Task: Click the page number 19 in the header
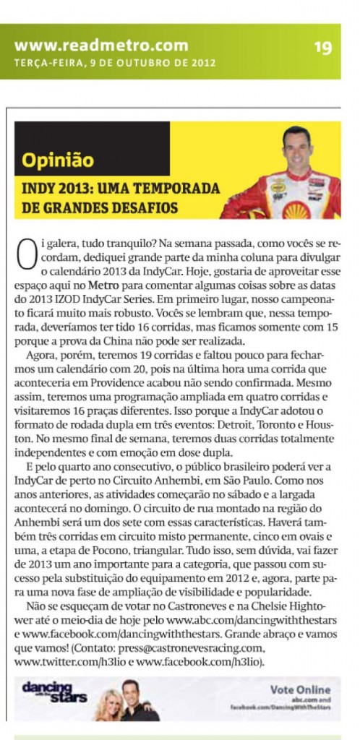pos(322,47)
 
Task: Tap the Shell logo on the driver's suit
pos(296,210)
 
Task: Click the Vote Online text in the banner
pos(300,689)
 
